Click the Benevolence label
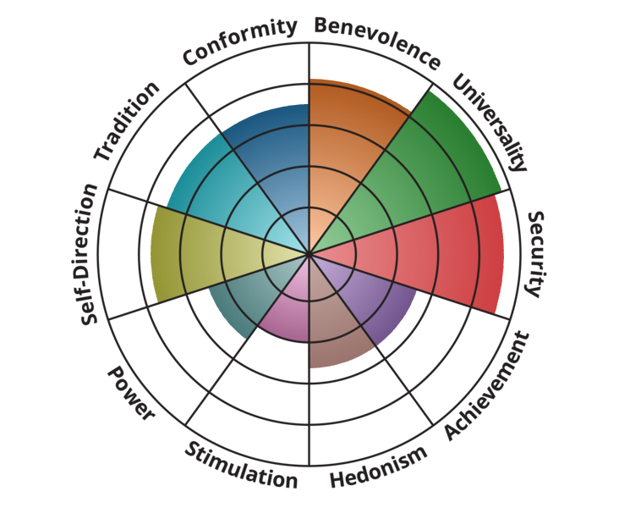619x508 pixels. [377, 41]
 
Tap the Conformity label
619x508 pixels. [239, 41]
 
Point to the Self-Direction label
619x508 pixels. [89, 254]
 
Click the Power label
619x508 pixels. [131, 393]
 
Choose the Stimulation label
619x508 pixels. [241, 467]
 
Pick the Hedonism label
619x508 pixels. [379, 467]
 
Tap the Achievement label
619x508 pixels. [486, 385]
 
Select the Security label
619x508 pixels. [536, 254]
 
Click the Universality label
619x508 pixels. [490, 121]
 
